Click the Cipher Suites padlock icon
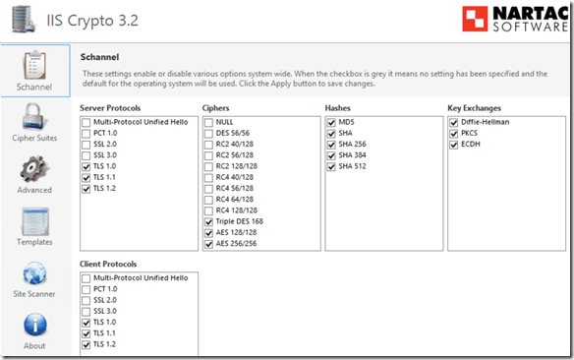point(33,117)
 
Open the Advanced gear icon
point(33,169)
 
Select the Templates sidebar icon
point(35,221)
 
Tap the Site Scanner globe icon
point(34,273)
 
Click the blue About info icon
point(35,325)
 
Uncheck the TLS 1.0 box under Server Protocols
point(86,166)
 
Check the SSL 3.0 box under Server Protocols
point(86,155)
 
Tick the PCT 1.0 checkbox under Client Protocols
point(86,290)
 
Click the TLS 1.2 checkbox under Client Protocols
point(86,344)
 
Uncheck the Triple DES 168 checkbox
point(208,222)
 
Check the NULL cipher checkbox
point(208,123)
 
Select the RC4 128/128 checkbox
point(208,210)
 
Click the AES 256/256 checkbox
point(208,244)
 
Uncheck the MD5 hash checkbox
point(331,123)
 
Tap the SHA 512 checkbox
point(331,166)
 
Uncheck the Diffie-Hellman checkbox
point(454,123)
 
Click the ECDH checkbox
point(454,145)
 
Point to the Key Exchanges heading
point(474,108)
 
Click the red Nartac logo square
point(475,19)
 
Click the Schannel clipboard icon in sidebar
point(34,65)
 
